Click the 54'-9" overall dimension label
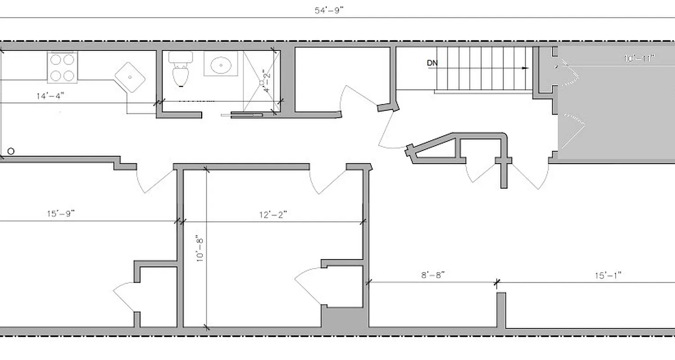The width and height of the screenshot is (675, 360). pyautogui.click(x=329, y=11)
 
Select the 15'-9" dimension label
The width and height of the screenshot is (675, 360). pyautogui.click(x=60, y=213)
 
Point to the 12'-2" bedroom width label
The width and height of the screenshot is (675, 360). pyautogui.click(x=273, y=214)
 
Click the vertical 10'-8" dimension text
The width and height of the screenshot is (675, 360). pyautogui.click(x=200, y=250)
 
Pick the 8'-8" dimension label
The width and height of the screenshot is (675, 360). pyautogui.click(x=432, y=275)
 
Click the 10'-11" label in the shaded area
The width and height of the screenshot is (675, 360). pyautogui.click(x=639, y=58)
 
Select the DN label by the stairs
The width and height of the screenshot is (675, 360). pyautogui.click(x=432, y=63)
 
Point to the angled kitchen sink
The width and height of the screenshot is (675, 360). pyautogui.click(x=130, y=77)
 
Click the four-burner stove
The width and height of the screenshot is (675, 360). pyautogui.click(x=62, y=67)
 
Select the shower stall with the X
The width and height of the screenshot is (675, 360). pyautogui.click(x=261, y=81)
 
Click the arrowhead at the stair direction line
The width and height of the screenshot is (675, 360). pyautogui.click(x=525, y=68)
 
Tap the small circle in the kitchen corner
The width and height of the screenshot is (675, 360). pyautogui.click(x=11, y=151)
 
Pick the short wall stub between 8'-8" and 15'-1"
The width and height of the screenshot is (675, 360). pyautogui.click(x=501, y=310)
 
